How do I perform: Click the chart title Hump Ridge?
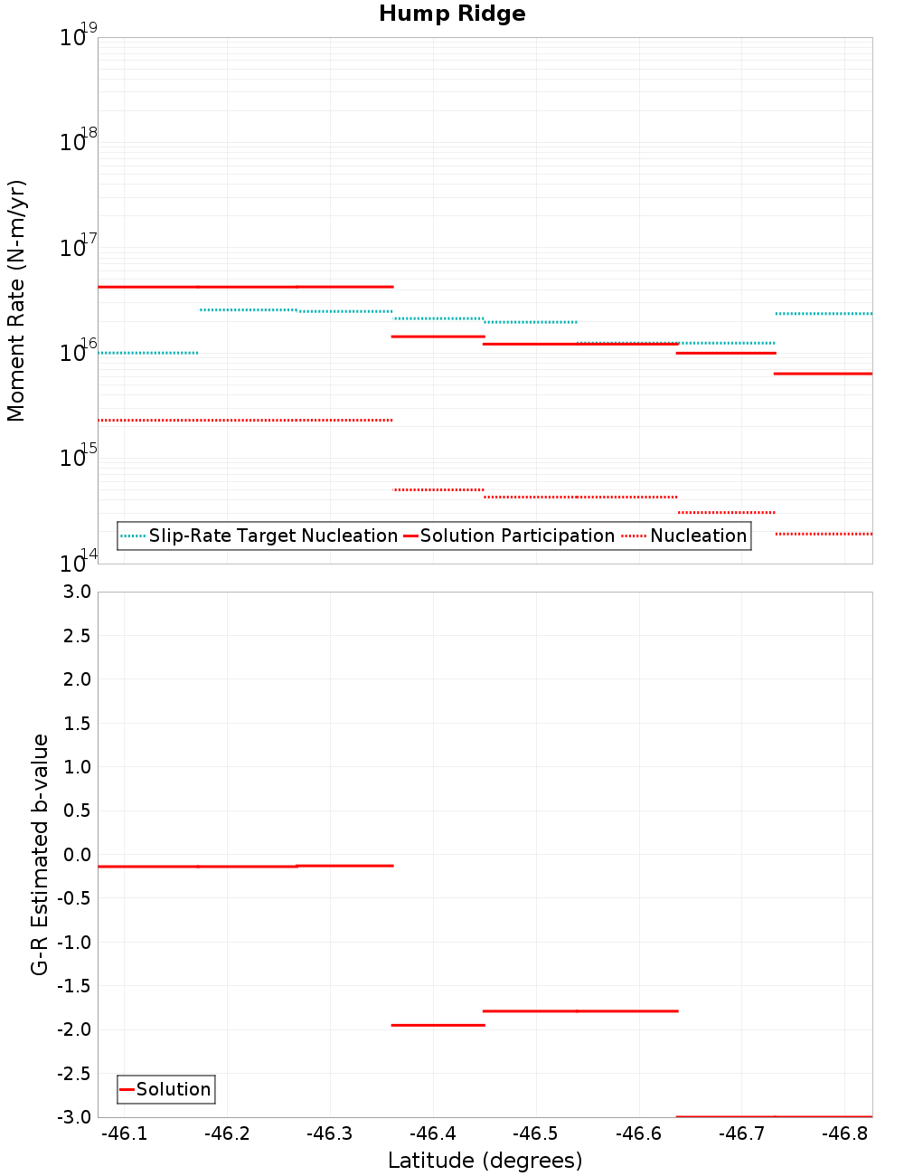tap(452, 14)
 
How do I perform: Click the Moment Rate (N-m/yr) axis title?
tap(16, 300)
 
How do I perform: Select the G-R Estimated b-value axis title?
tap(40, 854)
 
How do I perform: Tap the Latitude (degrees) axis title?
tap(485, 1161)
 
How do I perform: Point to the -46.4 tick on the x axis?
tap(433, 1133)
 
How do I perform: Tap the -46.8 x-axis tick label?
tap(845, 1133)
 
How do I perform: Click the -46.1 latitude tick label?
tap(124, 1133)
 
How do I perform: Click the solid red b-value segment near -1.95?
tap(438, 1025)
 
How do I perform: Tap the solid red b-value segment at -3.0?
tap(773, 1116)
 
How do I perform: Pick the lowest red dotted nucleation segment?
tap(824, 534)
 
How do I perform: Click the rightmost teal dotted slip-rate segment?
tap(824, 314)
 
